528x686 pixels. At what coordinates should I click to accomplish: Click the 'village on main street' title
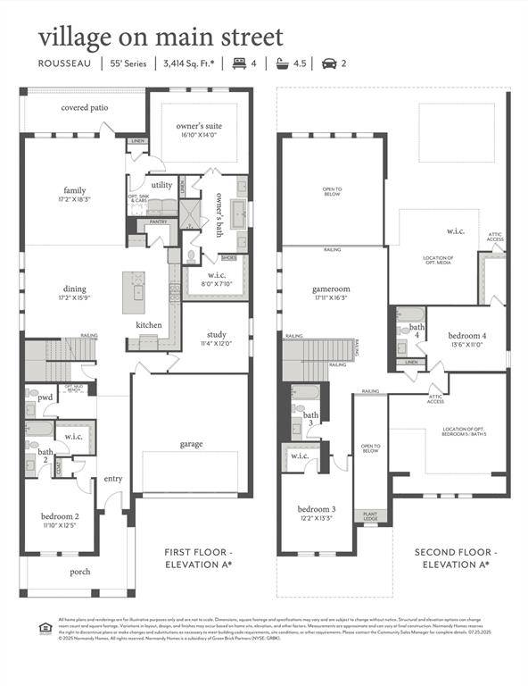click(x=161, y=38)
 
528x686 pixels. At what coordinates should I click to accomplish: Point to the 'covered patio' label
click(x=85, y=108)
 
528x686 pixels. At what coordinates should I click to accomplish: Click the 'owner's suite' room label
click(x=201, y=126)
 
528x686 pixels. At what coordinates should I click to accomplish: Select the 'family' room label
click(x=75, y=190)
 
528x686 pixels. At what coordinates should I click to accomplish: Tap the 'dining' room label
click(x=75, y=289)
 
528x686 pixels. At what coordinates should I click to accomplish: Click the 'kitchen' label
click(x=148, y=324)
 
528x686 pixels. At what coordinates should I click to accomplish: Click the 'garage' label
click(x=191, y=444)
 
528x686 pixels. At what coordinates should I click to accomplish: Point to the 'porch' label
click(x=81, y=572)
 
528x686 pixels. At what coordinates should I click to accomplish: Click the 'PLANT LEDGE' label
click(x=369, y=515)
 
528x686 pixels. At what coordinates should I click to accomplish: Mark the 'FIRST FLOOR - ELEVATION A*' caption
click(x=198, y=557)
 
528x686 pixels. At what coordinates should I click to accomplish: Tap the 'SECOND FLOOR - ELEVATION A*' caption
click(x=456, y=557)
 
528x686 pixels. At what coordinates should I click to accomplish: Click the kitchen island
click(x=135, y=292)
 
